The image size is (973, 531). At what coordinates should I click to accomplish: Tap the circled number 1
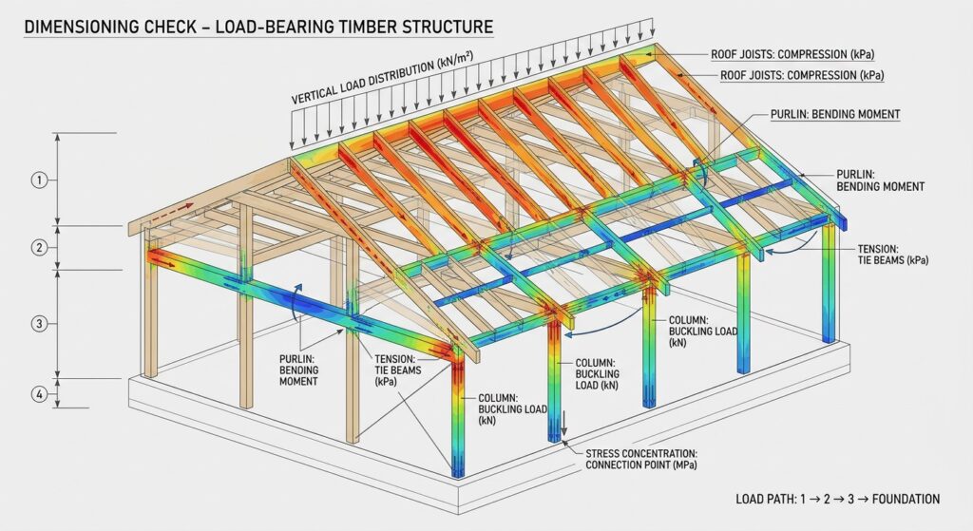[39, 180]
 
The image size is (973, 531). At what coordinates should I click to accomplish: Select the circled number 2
[39, 248]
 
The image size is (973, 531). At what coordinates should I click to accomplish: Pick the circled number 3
[39, 323]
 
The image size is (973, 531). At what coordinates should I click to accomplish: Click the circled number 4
[39, 394]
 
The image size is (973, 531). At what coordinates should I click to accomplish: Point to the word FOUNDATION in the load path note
[906, 499]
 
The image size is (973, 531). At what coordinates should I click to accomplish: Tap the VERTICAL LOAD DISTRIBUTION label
[382, 77]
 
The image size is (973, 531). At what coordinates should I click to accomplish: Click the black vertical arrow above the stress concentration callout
[564, 423]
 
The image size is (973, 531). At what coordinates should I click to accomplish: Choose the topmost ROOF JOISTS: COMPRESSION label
[792, 54]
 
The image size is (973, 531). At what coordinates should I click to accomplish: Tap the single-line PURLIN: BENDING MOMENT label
[835, 114]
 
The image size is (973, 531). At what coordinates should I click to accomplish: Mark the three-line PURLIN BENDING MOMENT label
[298, 370]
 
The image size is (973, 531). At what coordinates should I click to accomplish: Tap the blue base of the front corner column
[457, 468]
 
